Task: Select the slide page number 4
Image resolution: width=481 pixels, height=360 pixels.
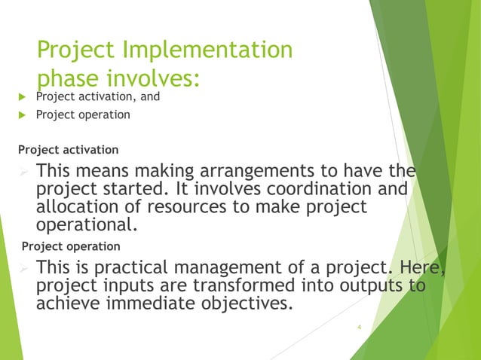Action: pos(360,327)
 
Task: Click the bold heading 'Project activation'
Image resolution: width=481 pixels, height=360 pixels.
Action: pos(69,150)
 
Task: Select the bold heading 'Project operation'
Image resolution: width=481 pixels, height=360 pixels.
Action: pos(71,246)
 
